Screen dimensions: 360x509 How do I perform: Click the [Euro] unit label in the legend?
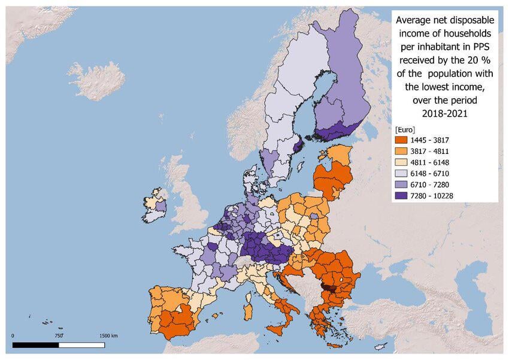tap(405, 129)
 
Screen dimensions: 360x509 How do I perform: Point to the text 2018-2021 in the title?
tap(444, 113)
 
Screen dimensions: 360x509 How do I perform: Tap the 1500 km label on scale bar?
tap(108, 336)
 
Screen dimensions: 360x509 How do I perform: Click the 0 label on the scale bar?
tap(13, 336)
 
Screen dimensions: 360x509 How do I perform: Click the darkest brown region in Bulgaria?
tap(327, 286)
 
